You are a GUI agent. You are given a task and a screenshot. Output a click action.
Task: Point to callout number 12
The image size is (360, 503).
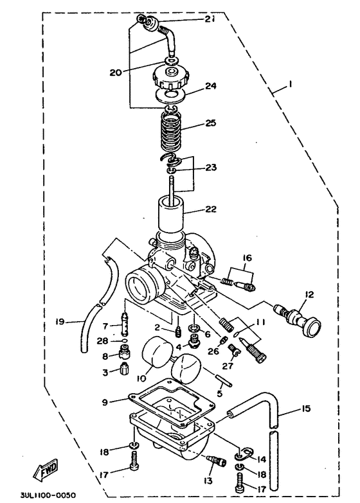pos(309,295)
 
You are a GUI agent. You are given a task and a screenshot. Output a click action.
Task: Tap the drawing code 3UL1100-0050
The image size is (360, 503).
pos(48,496)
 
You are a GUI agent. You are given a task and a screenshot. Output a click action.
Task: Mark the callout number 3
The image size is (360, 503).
pos(105,371)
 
